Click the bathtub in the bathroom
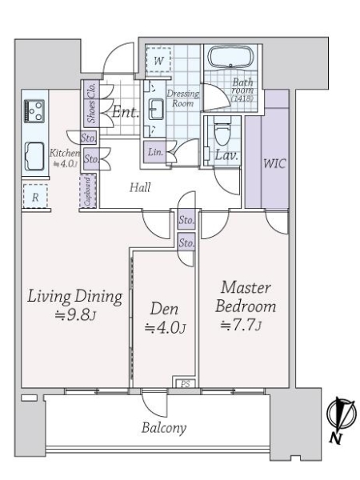click(232, 58)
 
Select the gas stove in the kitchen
click(34, 111)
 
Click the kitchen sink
click(34, 156)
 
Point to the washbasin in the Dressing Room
click(156, 109)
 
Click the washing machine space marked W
click(158, 59)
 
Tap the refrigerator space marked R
click(35, 196)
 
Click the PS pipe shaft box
click(186, 383)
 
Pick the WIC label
click(274, 163)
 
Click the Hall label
click(140, 187)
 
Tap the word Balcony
click(164, 428)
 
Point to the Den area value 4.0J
click(165, 328)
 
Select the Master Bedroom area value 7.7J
click(241, 325)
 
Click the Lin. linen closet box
click(155, 152)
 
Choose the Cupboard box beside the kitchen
click(88, 191)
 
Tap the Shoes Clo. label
click(91, 103)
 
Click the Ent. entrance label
click(126, 112)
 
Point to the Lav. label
click(226, 155)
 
